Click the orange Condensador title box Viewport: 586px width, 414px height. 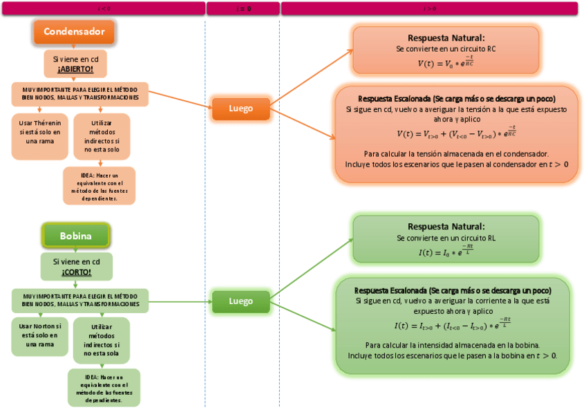[74, 32]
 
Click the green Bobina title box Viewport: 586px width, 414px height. [75, 236]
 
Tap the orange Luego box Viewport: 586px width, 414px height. [240, 109]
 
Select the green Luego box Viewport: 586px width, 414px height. [240, 301]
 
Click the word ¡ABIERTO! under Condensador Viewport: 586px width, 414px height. [75, 69]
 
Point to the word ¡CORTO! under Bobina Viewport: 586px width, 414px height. [76, 272]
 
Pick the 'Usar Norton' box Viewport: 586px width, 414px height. [40, 335]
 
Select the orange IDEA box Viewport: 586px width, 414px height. [100, 187]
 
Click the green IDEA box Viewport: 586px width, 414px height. [104, 388]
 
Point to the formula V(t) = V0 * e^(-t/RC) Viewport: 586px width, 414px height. [446, 62]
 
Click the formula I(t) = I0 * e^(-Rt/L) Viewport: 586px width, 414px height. [446, 252]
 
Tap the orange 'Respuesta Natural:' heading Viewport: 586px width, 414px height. [446, 38]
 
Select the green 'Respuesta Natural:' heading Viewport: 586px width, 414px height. [446, 227]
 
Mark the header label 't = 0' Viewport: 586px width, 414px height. [243, 8]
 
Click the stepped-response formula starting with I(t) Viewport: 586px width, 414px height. [452, 325]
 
